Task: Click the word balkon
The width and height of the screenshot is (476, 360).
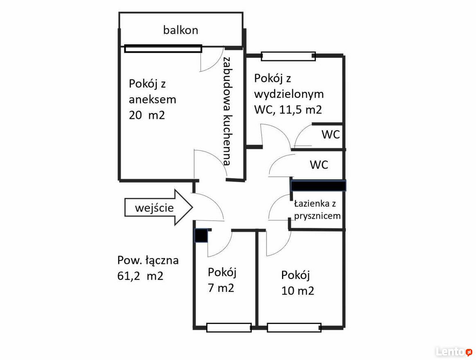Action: pyautogui.click(x=180, y=30)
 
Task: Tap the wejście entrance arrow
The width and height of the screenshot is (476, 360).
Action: pyautogui.click(x=159, y=207)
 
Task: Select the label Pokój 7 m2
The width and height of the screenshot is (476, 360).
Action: pyautogui.click(x=221, y=280)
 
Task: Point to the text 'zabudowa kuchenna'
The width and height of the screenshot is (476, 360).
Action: pyautogui.click(x=227, y=111)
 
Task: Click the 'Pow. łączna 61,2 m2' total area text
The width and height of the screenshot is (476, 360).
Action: pyautogui.click(x=148, y=268)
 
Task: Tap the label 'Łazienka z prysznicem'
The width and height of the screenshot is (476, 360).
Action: pyautogui.click(x=317, y=209)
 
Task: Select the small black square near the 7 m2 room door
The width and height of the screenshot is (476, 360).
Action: pyautogui.click(x=201, y=235)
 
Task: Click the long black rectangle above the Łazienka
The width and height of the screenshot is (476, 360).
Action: pyautogui.click(x=318, y=185)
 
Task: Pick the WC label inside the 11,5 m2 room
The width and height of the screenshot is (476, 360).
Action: pyautogui.click(x=331, y=134)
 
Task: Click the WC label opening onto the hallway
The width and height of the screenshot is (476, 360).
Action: pyautogui.click(x=319, y=164)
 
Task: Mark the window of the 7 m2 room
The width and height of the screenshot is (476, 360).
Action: pyautogui.click(x=229, y=328)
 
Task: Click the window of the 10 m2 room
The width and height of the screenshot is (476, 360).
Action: pyautogui.click(x=294, y=328)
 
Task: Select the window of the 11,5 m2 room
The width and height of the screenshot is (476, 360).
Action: pyautogui.click(x=288, y=56)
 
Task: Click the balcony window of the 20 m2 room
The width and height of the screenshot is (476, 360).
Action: pyautogui.click(x=163, y=49)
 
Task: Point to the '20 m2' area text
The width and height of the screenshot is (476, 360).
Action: pyautogui.click(x=147, y=115)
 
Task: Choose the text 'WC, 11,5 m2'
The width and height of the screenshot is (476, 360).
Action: pyautogui.click(x=288, y=110)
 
